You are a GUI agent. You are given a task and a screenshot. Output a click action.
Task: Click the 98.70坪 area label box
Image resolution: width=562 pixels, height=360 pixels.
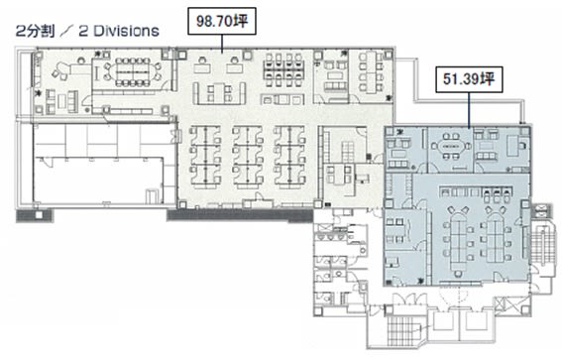(222, 22)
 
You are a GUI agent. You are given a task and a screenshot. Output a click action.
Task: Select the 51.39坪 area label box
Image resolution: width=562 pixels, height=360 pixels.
(469, 79)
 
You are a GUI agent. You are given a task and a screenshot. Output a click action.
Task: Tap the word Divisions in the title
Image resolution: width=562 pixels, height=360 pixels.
(127, 31)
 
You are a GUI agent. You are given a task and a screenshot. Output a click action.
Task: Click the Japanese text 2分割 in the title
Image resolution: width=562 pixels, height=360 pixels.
(35, 31)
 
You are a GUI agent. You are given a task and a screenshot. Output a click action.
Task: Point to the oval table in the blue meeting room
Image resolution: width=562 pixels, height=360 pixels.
(451, 147)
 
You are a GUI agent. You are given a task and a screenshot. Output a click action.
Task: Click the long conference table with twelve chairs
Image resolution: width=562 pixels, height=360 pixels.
(133, 72)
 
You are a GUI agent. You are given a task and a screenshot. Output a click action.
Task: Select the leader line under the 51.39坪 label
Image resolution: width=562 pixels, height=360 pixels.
(469, 110)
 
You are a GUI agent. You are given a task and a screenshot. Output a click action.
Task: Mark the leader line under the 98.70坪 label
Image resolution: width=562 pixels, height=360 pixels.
(222, 44)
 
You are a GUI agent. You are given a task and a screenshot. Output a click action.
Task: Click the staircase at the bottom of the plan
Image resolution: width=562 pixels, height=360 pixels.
(402, 329)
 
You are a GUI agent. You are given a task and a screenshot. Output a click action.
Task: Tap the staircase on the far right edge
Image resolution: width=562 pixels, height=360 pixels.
(540, 244)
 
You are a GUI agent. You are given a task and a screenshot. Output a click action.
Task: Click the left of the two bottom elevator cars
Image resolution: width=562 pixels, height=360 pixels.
(443, 321)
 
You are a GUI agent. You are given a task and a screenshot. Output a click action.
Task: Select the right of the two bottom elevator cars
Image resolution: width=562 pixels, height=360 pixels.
(476, 321)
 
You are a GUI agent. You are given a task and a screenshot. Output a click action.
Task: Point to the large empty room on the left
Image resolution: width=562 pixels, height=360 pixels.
(98, 180)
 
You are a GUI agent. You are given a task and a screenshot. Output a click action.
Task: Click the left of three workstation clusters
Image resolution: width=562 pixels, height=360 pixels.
(205, 157)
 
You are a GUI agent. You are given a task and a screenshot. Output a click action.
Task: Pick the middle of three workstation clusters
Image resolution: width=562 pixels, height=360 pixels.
(248, 157)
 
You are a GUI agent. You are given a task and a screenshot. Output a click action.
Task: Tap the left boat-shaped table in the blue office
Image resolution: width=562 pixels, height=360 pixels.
(458, 241)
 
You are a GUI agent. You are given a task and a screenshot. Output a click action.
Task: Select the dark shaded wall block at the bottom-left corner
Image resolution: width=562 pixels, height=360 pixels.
(35, 215)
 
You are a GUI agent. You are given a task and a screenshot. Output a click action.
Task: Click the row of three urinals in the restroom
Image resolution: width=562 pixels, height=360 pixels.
(330, 237)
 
